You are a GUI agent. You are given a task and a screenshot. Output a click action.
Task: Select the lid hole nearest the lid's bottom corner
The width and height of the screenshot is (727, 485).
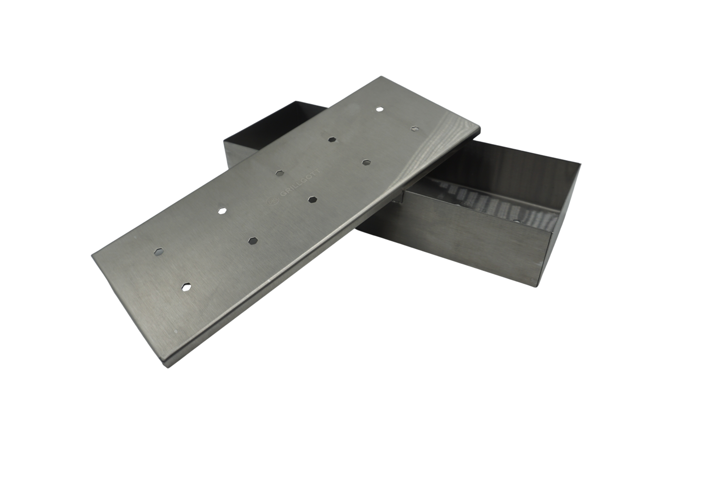pyautogui.click(x=187, y=287)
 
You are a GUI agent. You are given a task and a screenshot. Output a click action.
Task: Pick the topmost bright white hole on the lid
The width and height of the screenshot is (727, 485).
pyautogui.click(x=379, y=109)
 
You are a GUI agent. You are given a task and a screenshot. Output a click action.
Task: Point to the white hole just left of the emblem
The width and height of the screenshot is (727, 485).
pyautogui.click(x=222, y=211)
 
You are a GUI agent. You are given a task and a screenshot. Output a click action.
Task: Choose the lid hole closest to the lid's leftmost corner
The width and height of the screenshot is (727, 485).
pyautogui.click(x=158, y=251)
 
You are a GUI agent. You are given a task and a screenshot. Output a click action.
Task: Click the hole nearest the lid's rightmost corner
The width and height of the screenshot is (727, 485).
pyautogui.click(x=414, y=129)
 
